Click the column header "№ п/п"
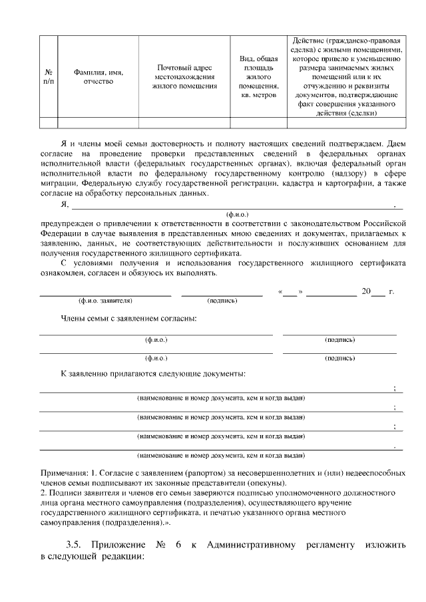click(49, 76)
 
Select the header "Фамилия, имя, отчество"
click(99, 76)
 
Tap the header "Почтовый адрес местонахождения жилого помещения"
click(184, 76)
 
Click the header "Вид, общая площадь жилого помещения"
click(258, 76)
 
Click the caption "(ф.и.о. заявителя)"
click(105, 301)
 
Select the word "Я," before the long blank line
click(65, 204)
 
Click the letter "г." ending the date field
click(391, 291)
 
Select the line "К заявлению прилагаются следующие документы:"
click(153, 374)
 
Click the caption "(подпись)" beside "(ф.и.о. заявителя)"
click(222, 301)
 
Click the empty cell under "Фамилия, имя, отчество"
click(99, 122)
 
